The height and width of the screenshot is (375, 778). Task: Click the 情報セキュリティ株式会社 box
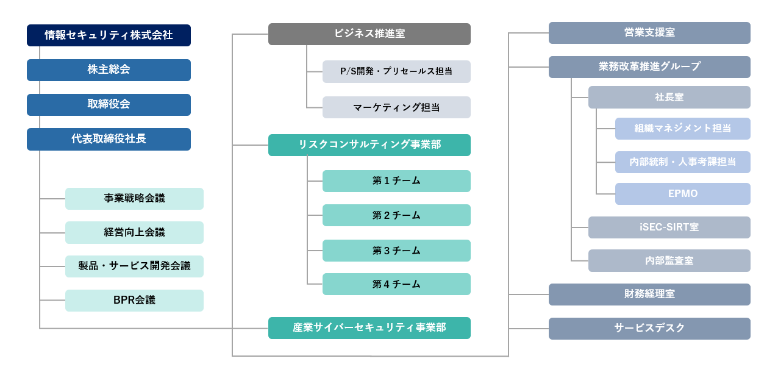coord(109,35)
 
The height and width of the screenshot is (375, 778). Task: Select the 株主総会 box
coord(109,70)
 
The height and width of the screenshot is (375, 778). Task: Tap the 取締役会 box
coord(109,104)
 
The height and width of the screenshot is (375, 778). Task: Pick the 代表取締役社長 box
coord(109,139)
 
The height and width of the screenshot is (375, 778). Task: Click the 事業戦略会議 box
coord(134,199)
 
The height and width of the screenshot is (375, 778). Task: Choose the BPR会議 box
coord(134,301)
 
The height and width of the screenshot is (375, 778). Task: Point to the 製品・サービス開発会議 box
coord(134,266)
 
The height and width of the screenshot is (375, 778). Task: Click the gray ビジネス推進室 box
coord(369,34)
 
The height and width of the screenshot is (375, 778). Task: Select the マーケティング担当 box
coord(396,107)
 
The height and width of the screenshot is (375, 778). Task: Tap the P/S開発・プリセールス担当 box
coord(396,71)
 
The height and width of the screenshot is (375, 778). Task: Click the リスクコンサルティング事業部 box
coord(369,145)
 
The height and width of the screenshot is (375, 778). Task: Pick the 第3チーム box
coord(396,251)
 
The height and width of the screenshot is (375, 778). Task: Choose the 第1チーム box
coord(396,181)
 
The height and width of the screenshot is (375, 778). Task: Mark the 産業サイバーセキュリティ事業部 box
coord(369,328)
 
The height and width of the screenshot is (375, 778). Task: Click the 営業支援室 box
coord(649,33)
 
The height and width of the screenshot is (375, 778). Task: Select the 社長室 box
coord(669,97)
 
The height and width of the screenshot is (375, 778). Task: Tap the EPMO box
coord(683,194)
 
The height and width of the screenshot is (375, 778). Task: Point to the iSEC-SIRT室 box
coord(669,227)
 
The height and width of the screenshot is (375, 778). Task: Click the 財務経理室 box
coord(649,295)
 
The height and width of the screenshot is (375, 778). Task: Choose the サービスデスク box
coord(649,329)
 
